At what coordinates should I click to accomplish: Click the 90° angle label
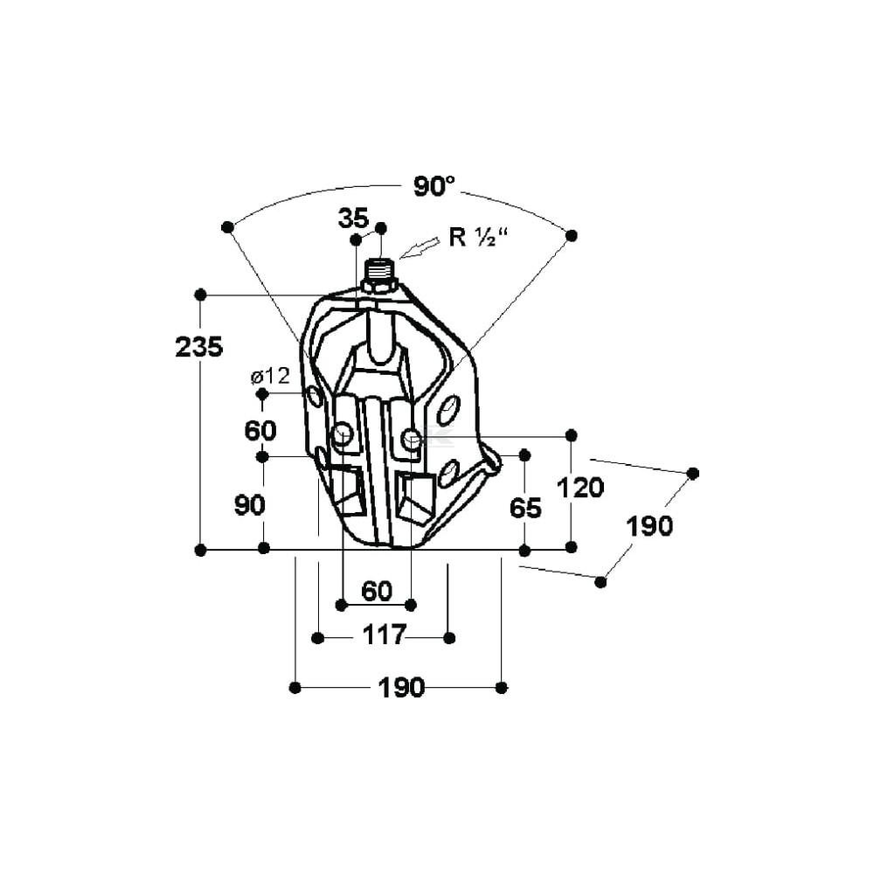434,186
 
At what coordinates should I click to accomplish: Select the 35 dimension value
353,218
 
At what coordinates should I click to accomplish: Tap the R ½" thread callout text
479,238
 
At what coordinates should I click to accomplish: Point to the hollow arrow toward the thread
420,248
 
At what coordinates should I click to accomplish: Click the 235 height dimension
199,347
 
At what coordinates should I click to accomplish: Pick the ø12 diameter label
270,377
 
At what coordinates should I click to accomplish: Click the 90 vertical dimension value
249,505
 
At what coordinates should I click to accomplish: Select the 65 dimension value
525,508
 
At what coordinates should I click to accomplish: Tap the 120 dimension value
580,488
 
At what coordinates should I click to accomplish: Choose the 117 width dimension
385,635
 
